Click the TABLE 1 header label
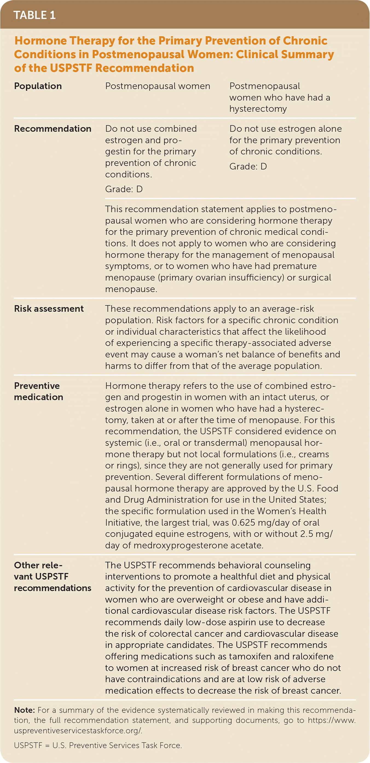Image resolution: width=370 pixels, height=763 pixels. [x=34, y=15]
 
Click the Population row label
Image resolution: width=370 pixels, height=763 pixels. [x=38, y=86]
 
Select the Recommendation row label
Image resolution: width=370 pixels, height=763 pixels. [x=53, y=129]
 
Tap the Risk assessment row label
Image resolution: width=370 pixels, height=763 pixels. [x=49, y=309]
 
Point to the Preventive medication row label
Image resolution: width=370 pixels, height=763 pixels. [x=39, y=391]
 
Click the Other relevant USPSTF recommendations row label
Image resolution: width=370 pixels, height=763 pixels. [x=53, y=576]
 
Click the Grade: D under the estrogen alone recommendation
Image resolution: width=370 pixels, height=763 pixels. [x=248, y=166]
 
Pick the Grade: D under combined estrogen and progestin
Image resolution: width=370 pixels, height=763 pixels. [x=124, y=189]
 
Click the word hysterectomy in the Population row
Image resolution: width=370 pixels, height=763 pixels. [x=258, y=109]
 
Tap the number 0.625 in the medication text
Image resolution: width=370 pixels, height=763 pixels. [x=243, y=523]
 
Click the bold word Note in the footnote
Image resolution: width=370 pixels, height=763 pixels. [x=24, y=710]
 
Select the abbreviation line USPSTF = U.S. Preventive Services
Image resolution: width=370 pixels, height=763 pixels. [x=98, y=745]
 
